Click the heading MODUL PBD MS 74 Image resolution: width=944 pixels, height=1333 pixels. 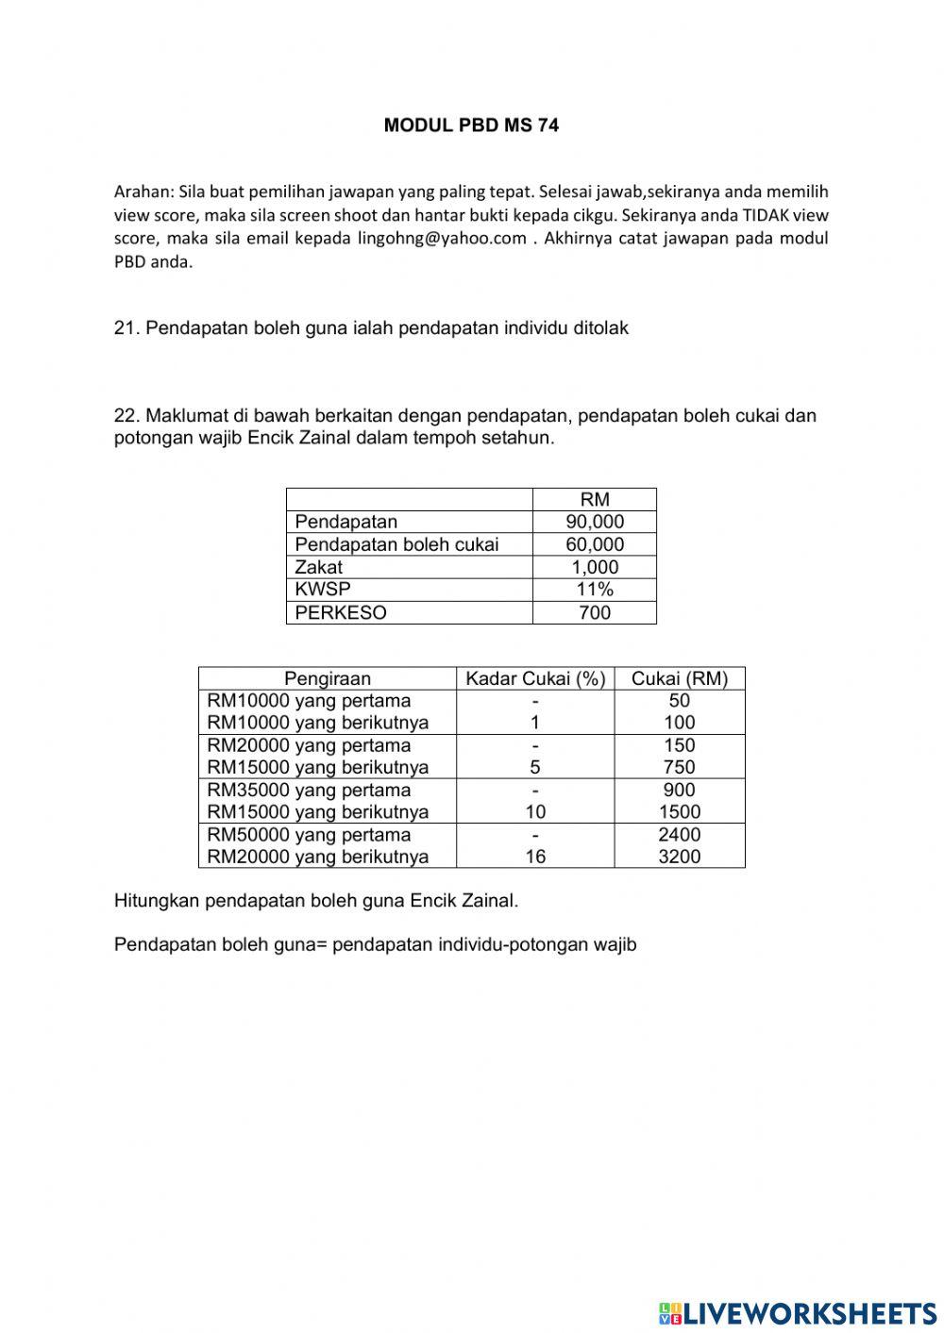point(471,125)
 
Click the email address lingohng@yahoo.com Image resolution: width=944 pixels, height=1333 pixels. point(442,239)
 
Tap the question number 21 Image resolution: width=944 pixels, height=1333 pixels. point(126,328)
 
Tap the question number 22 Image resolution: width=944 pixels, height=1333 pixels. point(126,416)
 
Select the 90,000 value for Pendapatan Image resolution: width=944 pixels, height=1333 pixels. point(595,523)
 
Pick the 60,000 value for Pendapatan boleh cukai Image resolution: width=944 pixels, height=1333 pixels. point(595,545)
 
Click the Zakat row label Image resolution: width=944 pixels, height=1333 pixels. point(319,568)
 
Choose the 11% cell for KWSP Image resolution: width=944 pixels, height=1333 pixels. point(595,590)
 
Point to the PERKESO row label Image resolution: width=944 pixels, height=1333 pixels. point(341,613)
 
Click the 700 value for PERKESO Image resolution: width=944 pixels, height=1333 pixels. point(595,613)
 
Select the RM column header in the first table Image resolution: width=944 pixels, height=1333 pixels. point(595,500)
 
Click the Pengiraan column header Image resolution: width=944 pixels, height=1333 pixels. point(328,679)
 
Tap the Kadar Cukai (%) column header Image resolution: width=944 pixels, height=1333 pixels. point(535,679)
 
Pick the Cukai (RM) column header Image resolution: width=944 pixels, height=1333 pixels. point(680,679)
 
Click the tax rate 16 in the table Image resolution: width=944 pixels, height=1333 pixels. point(535,858)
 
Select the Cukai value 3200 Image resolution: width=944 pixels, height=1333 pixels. point(680,858)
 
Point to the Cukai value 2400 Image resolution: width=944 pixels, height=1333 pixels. point(680,835)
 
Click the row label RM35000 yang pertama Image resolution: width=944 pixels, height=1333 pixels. point(310,791)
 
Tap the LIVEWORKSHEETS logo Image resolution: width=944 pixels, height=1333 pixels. point(798,1312)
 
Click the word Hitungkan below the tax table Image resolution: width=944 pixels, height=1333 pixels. point(157,901)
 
